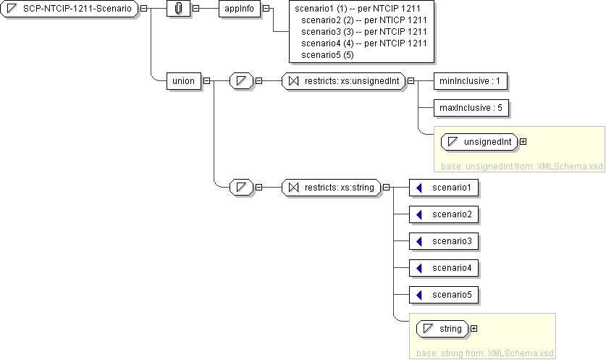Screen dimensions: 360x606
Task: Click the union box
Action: (x=184, y=80)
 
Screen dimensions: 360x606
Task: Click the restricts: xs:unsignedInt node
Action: (x=344, y=80)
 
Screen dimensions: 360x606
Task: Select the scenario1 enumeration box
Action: (x=444, y=188)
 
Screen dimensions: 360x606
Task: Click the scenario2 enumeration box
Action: (x=444, y=214)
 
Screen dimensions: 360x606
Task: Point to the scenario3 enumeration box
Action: (x=444, y=241)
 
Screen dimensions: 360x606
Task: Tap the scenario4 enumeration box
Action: (x=444, y=268)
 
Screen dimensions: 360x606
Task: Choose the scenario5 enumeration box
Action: (x=444, y=295)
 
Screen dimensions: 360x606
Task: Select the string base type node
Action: (x=443, y=329)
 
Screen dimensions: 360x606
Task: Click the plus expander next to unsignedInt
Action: (x=523, y=142)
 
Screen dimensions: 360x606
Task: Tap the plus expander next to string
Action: (x=474, y=329)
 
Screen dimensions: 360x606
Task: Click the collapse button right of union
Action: (x=206, y=80)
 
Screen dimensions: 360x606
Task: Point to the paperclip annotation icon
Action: (x=178, y=8)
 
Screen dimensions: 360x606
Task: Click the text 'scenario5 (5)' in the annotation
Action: (x=327, y=54)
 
